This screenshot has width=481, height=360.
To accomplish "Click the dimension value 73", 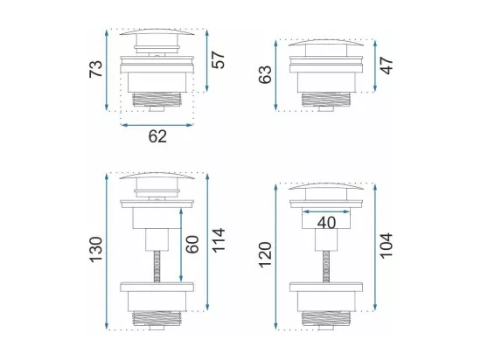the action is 95,69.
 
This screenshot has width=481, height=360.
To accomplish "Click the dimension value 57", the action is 219,60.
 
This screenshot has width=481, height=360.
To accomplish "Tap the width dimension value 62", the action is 157,136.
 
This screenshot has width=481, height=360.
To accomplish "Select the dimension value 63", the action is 265,74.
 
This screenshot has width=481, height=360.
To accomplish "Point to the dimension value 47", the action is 387,66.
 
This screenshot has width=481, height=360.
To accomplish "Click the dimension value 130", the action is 95,249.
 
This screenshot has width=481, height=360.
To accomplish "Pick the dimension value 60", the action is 192,244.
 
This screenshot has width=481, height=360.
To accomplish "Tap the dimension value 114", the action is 219,240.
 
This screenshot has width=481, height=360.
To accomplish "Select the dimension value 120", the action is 265,255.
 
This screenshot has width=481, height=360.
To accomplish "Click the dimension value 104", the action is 387,246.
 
